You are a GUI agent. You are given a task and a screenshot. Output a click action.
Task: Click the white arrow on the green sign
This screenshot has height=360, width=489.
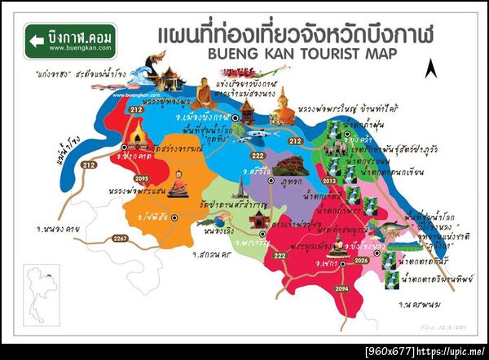click(x=36, y=38)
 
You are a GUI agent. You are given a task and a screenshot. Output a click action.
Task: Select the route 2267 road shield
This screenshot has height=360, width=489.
click(x=121, y=239)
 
